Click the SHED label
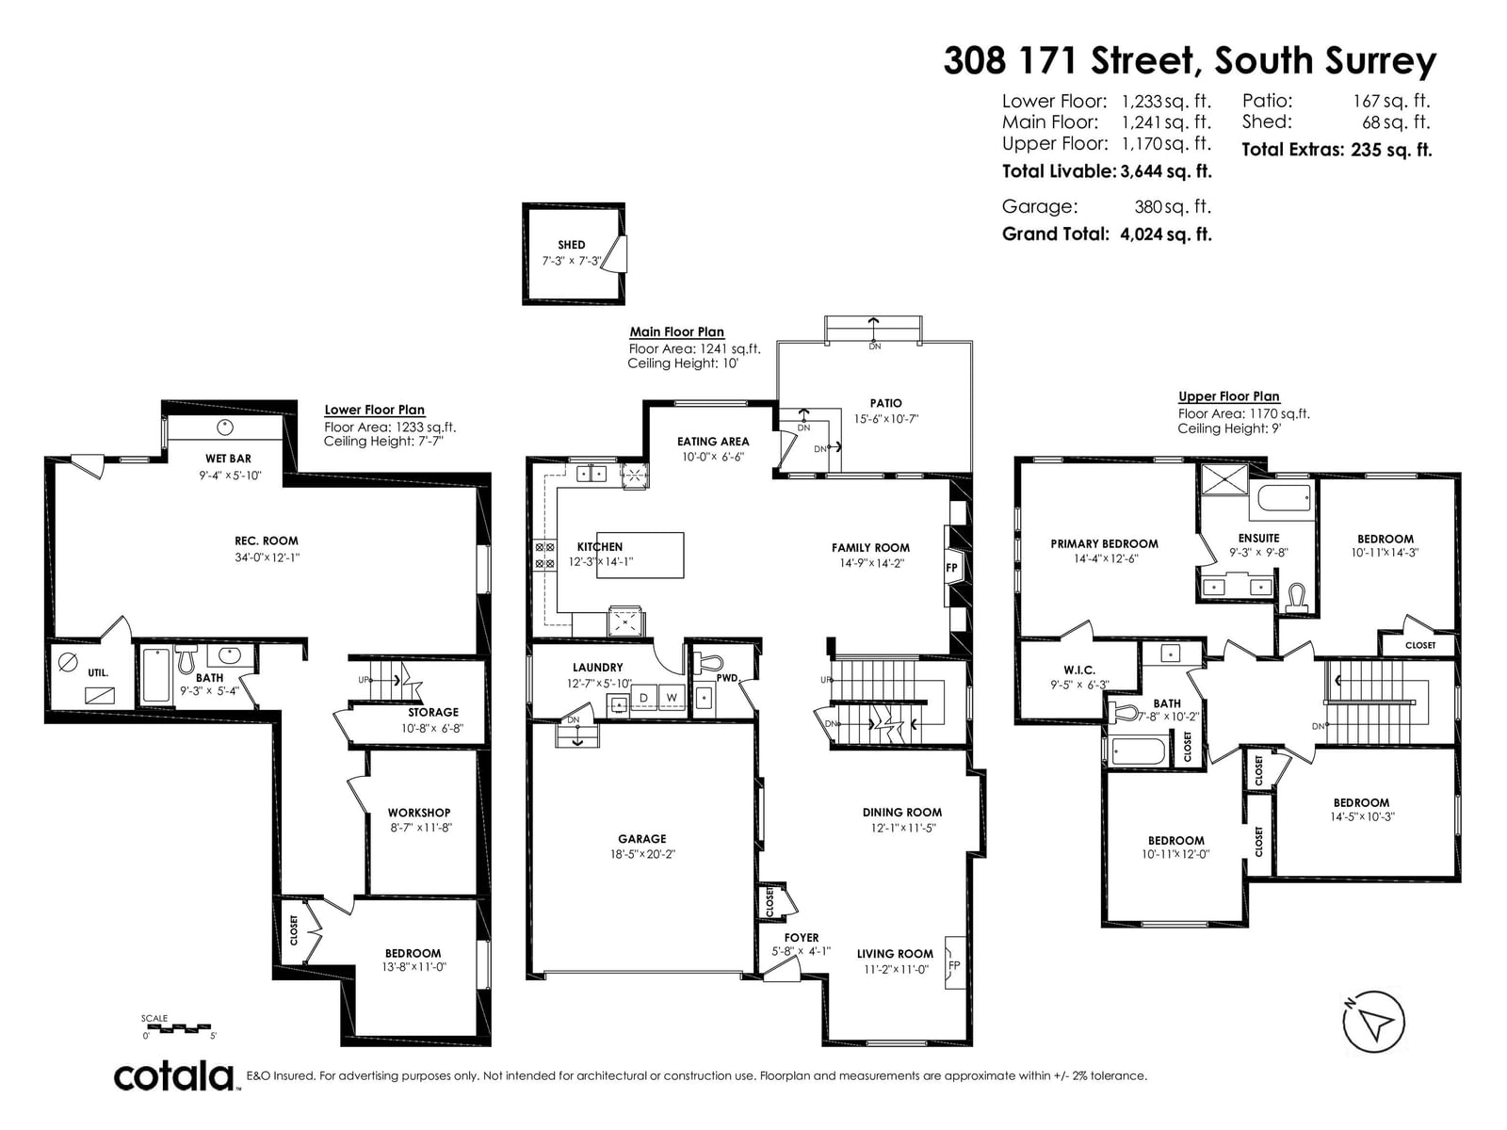pos(571,245)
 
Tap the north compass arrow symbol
pos(1373,1022)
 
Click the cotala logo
pos(174,1076)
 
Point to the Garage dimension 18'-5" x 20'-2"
pos(642,854)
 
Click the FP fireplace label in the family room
pos(951,568)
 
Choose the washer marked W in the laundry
pos(672,698)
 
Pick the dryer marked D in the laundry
pos(644,698)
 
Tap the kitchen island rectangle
pos(640,555)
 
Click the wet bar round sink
pos(224,428)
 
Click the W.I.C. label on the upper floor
pos(1079,670)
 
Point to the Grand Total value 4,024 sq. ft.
pos(1166,234)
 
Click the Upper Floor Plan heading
pos(1229,396)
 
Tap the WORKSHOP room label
pos(419,813)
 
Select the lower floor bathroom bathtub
pos(155,675)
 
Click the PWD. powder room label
pos(727,678)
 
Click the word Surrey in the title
pos(1381,62)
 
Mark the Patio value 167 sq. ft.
pos(1392,102)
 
